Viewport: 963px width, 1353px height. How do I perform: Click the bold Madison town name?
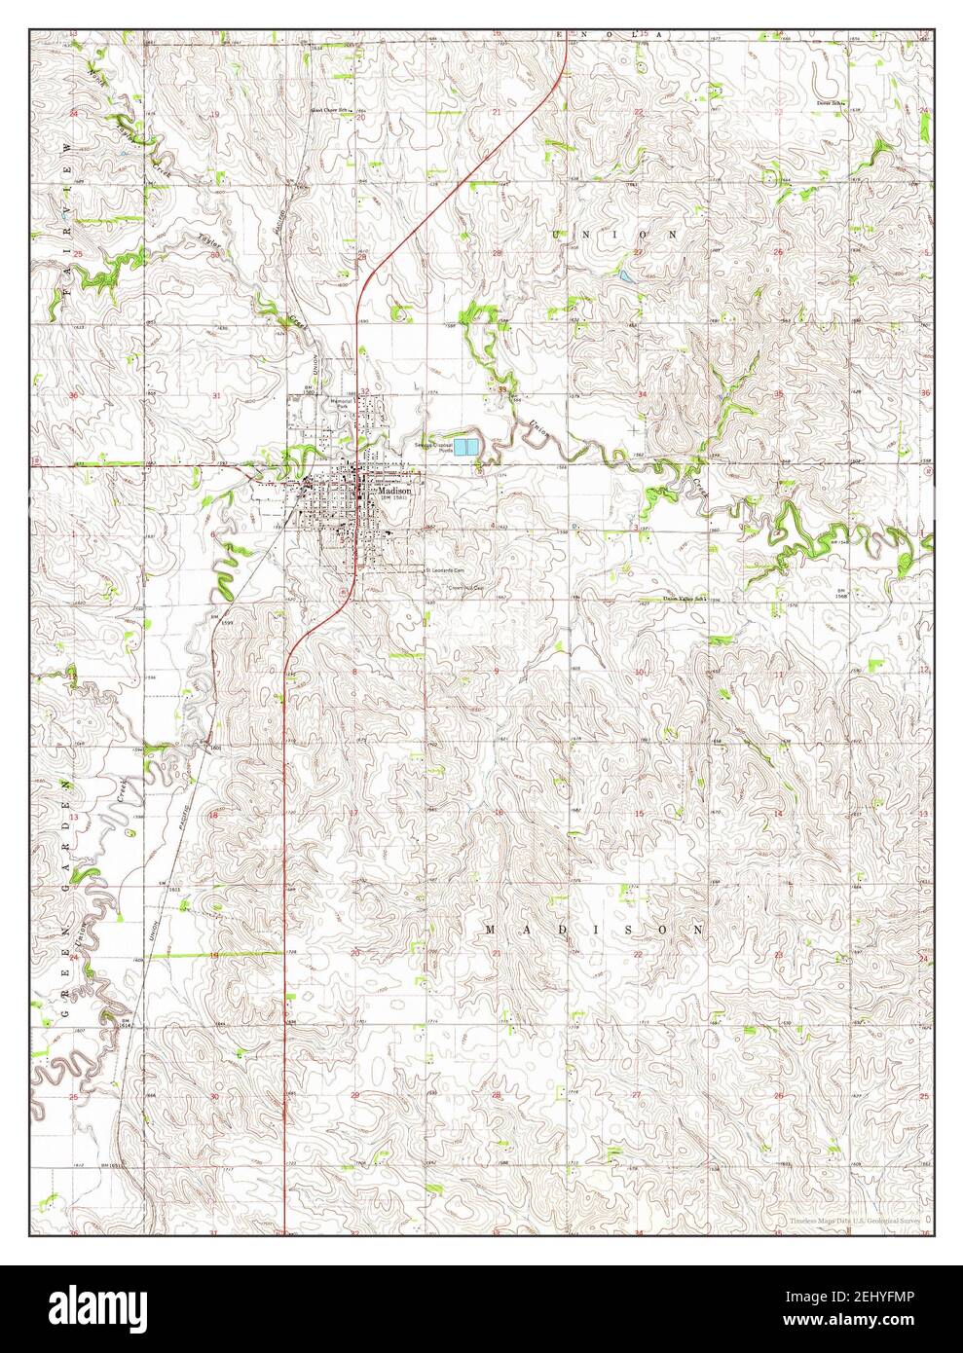(x=395, y=493)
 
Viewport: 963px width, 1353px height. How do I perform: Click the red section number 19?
(x=213, y=115)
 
